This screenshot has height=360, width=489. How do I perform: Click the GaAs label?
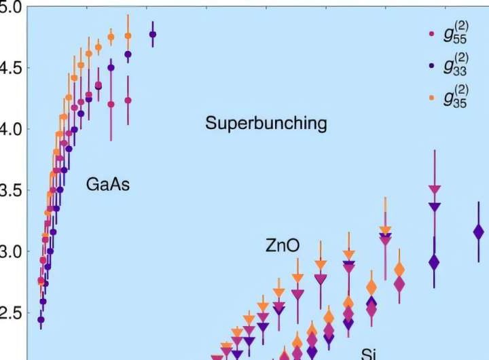click(x=108, y=183)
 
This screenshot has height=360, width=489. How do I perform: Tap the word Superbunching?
click(x=266, y=124)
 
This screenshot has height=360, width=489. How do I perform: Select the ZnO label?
click(x=283, y=246)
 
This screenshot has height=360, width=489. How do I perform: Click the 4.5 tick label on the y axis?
click(x=10, y=68)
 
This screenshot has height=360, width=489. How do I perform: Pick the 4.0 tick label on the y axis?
click(x=10, y=129)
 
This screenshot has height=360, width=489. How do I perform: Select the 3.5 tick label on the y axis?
click(x=10, y=190)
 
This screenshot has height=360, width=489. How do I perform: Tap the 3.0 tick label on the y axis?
click(x=10, y=252)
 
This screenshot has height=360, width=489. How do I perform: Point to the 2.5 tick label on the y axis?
click(x=10, y=313)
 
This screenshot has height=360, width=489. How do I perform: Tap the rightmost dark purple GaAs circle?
click(x=152, y=34)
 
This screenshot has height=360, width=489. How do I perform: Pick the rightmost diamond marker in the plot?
click(x=478, y=233)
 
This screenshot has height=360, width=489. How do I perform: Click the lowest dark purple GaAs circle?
click(x=41, y=319)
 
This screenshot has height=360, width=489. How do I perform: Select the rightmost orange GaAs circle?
click(x=128, y=36)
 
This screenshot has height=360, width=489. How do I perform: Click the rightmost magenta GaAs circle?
click(x=128, y=101)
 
